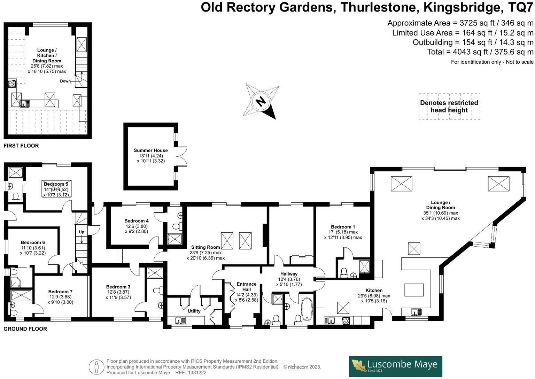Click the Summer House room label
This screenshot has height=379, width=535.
click(151, 150)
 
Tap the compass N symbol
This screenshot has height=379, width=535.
click(261, 101)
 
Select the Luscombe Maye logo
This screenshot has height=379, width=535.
click(395, 366)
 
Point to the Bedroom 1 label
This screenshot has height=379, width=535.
click(343, 227)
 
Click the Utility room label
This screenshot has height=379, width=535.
click(194, 311)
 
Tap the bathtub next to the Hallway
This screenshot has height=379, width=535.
click(307, 309)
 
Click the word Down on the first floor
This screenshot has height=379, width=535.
click(65, 81)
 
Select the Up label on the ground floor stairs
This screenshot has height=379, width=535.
click(82, 232)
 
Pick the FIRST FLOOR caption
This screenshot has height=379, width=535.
click(21, 146)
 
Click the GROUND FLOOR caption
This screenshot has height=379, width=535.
click(25, 329)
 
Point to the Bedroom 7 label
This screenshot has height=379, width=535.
click(61, 292)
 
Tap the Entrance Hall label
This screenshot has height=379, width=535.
click(247, 287)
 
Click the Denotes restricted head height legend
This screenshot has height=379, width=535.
click(449, 107)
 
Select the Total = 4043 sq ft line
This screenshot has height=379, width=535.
click(480, 52)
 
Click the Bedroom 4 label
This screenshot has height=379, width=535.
click(137, 221)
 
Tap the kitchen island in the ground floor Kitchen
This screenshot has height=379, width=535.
click(414, 290)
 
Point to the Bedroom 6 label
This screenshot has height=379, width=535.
click(33, 242)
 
